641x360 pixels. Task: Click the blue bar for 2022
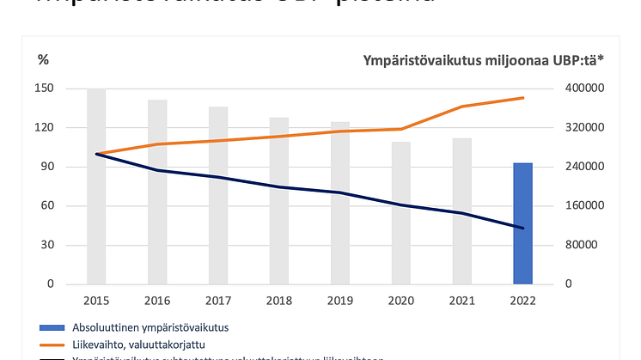pyautogui.click(x=523, y=223)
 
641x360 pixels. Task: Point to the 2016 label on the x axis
pyautogui.click(x=157, y=301)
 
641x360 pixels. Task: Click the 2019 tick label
pyautogui.click(x=340, y=301)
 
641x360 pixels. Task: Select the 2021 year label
pyautogui.click(x=462, y=301)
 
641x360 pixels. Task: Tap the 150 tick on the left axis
pyautogui.click(x=46, y=88)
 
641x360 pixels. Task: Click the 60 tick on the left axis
pyautogui.click(x=49, y=205)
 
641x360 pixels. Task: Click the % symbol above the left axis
pyautogui.click(x=44, y=59)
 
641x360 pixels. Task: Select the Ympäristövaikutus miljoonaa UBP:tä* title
pyautogui.click(x=484, y=59)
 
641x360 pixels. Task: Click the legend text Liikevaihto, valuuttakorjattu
pyautogui.click(x=147, y=344)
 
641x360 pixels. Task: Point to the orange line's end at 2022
pyautogui.click(x=523, y=98)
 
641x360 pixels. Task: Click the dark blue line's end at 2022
pyautogui.click(x=523, y=228)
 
